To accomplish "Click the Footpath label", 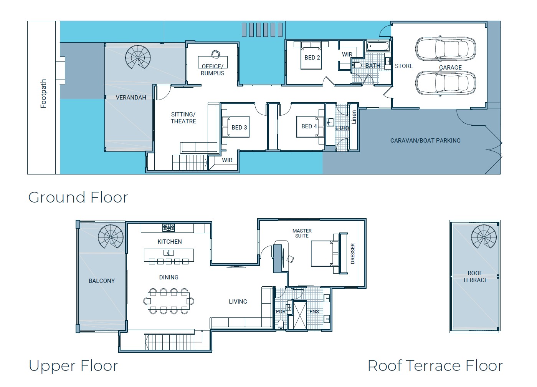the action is coord(43,94).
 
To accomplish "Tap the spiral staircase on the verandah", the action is coord(138,57).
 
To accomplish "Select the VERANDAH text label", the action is coord(131,98).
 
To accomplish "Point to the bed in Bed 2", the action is coord(311,55).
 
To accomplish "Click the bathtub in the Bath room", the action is coord(378,46).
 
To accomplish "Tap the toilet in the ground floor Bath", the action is coord(356,65).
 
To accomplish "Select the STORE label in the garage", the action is coord(404,66).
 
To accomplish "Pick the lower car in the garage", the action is coord(445,83).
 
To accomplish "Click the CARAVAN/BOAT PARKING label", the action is coord(425,140).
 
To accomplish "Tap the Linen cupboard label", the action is coord(354,117).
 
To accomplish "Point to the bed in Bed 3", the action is coord(235,127).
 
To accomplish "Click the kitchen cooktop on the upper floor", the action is coord(169,228).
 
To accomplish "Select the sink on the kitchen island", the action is coord(169,252).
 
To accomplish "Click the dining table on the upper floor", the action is coord(169,301).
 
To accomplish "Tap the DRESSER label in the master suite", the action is coord(352,254).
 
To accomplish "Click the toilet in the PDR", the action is coord(281,325).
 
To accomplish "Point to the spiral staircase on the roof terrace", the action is coord(484,238).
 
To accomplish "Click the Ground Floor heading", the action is coord(78,197).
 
